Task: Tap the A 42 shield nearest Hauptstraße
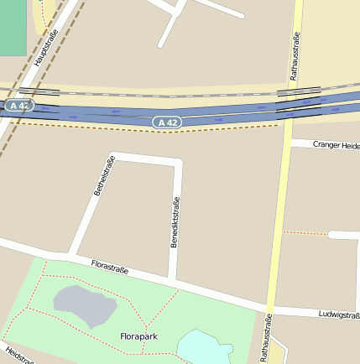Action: (x=18, y=106)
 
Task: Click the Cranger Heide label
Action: (x=336, y=145)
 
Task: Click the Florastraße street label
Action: (x=109, y=267)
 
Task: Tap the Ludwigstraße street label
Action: (x=339, y=315)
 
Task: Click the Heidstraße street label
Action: (x=18, y=356)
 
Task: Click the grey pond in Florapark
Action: (x=84, y=305)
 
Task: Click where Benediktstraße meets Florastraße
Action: (x=172, y=278)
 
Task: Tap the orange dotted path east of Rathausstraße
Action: (x=304, y=232)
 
